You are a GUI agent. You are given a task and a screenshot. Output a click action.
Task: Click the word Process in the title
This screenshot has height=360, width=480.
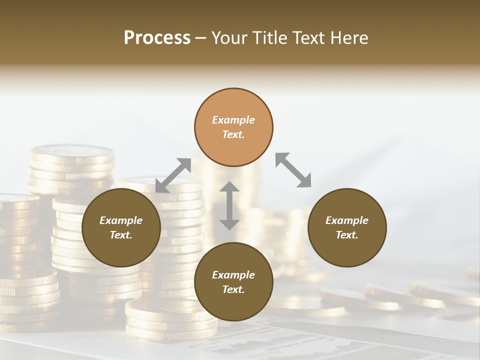pyautogui.click(x=157, y=38)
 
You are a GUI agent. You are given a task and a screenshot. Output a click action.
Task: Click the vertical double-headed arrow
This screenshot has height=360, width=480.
pyautogui.click(x=229, y=205)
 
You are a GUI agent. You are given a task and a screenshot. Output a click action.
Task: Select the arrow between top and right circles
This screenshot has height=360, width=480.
pyautogui.click(x=293, y=170)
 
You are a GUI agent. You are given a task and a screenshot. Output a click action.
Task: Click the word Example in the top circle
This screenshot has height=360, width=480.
pyautogui.click(x=233, y=120)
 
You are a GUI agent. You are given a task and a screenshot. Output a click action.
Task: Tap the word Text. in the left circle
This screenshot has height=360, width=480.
pyautogui.click(x=121, y=235)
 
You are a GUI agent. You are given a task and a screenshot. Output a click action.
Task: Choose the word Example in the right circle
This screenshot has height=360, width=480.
pyautogui.click(x=347, y=220)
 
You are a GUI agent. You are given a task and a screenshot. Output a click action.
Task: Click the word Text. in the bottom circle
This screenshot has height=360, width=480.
pyautogui.click(x=233, y=289)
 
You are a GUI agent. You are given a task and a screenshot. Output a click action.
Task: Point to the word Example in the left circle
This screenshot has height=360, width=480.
pyautogui.click(x=121, y=220)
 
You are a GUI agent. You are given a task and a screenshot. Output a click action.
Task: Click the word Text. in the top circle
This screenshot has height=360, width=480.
pyautogui.click(x=233, y=134)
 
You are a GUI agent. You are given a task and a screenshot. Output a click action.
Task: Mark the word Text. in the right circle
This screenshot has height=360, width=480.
pyautogui.click(x=347, y=235)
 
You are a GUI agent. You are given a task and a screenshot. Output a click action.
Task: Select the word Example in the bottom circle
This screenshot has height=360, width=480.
pyautogui.click(x=233, y=275)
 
